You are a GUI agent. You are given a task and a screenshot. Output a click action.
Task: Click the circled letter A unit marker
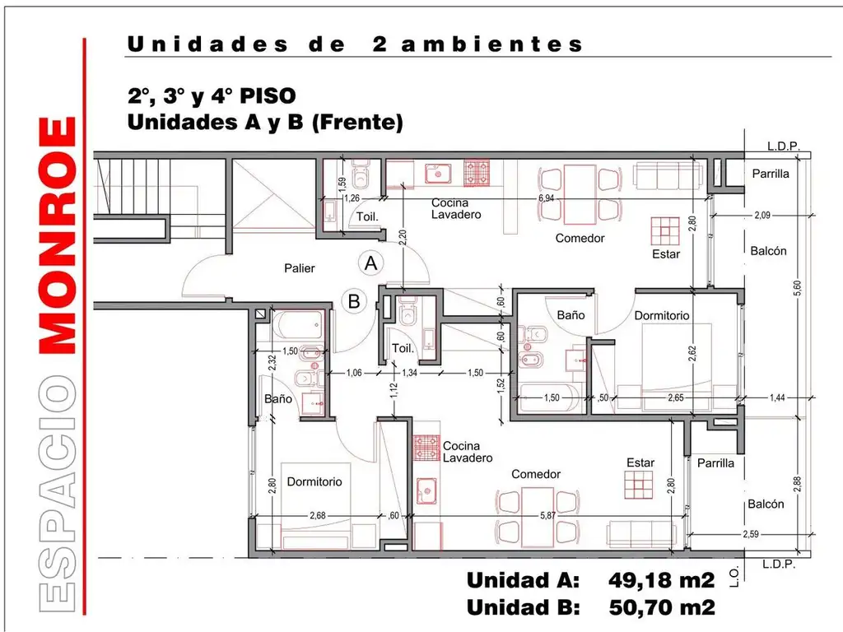[371, 263]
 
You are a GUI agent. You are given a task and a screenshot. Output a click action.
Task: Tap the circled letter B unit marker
[354, 301]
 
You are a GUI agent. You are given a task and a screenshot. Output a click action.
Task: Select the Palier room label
[300, 268]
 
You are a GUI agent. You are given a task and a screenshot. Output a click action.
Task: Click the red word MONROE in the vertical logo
[59, 236]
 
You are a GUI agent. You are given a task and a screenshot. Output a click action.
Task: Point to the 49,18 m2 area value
[661, 580]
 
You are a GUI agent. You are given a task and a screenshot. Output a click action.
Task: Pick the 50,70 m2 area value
[661, 608]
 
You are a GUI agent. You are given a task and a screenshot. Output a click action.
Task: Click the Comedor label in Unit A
[580, 239]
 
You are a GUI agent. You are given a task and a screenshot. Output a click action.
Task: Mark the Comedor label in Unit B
[536, 475]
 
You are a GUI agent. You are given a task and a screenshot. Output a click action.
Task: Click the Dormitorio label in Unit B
[314, 481]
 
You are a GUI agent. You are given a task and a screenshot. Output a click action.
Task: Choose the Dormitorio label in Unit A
[662, 315]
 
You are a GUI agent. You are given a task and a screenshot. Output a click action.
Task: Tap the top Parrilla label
[771, 174]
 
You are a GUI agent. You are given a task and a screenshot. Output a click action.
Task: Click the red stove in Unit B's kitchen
[427, 448]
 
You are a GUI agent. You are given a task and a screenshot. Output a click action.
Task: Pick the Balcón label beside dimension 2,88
[766, 504]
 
